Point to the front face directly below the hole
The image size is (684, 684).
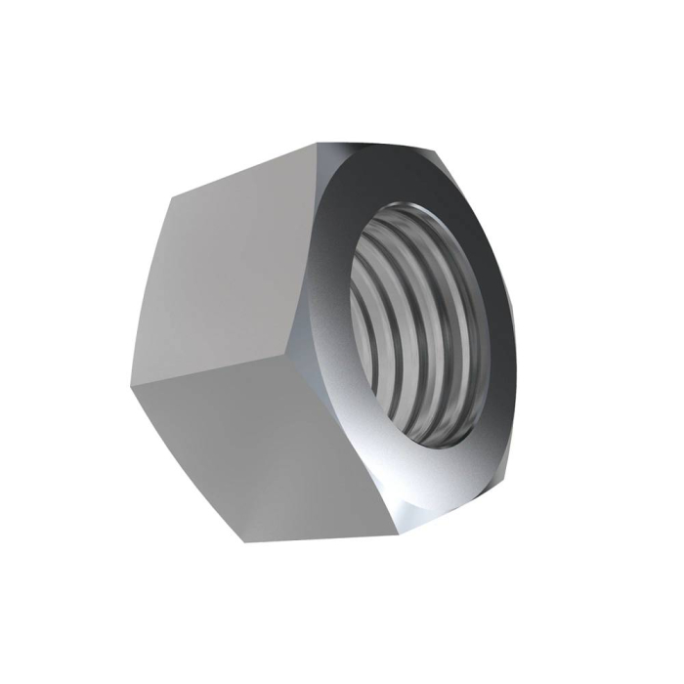[430, 479]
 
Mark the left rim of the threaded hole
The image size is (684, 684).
[352, 322]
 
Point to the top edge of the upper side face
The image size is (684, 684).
[244, 170]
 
